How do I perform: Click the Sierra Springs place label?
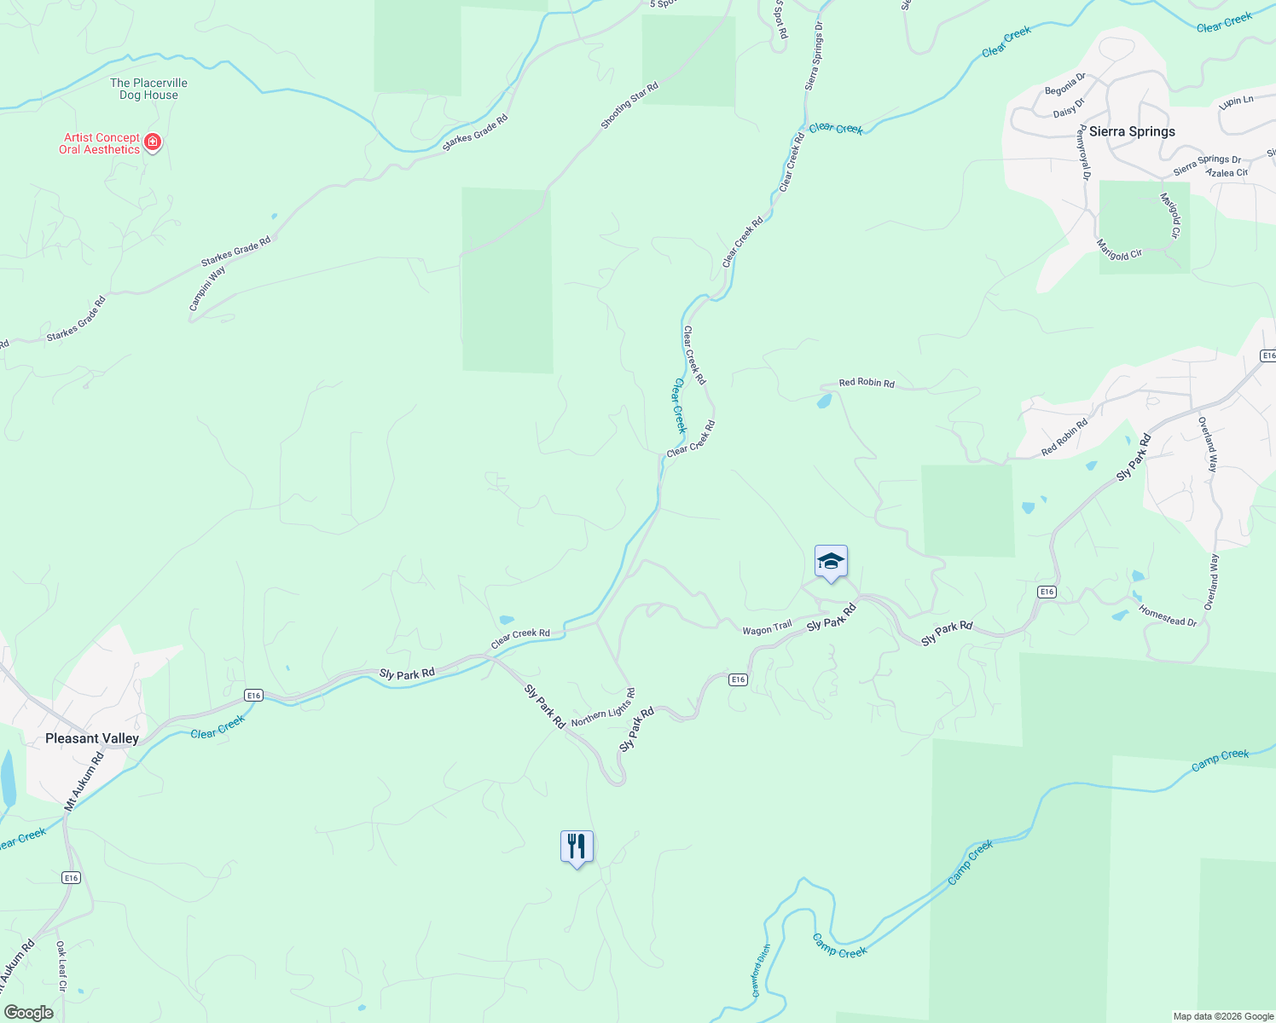[x=1132, y=131]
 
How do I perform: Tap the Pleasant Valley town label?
[x=92, y=738]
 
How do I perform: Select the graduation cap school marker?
[x=831, y=562]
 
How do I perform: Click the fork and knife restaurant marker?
[x=577, y=847]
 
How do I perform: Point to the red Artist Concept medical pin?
[x=153, y=142]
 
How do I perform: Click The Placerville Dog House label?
[x=148, y=89]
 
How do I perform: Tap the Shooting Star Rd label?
[x=629, y=106]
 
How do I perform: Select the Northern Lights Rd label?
[x=603, y=708]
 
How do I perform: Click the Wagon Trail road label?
[x=767, y=629]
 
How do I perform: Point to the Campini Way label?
[x=207, y=287]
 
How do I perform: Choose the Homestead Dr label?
[x=1168, y=616]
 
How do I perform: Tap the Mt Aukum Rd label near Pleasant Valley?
[x=84, y=781]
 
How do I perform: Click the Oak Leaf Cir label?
[x=61, y=966]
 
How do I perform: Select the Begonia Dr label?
[x=1065, y=84]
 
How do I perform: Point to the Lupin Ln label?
[x=1236, y=101]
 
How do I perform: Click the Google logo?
[x=28, y=1013]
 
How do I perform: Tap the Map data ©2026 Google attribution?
[x=1223, y=1016]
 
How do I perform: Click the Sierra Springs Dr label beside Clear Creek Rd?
[x=815, y=56]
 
